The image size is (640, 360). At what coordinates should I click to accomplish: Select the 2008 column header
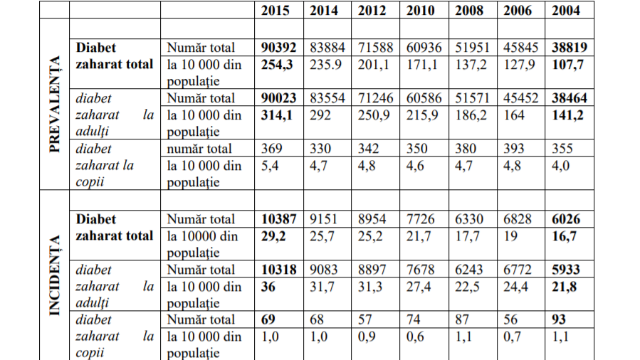pyautogui.click(x=469, y=10)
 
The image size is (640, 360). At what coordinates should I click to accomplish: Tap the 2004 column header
pyautogui.click(x=566, y=10)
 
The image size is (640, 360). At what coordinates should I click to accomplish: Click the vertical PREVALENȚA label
pyautogui.click(x=54, y=106)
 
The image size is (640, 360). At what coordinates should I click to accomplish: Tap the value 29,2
pyautogui.click(x=274, y=235)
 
